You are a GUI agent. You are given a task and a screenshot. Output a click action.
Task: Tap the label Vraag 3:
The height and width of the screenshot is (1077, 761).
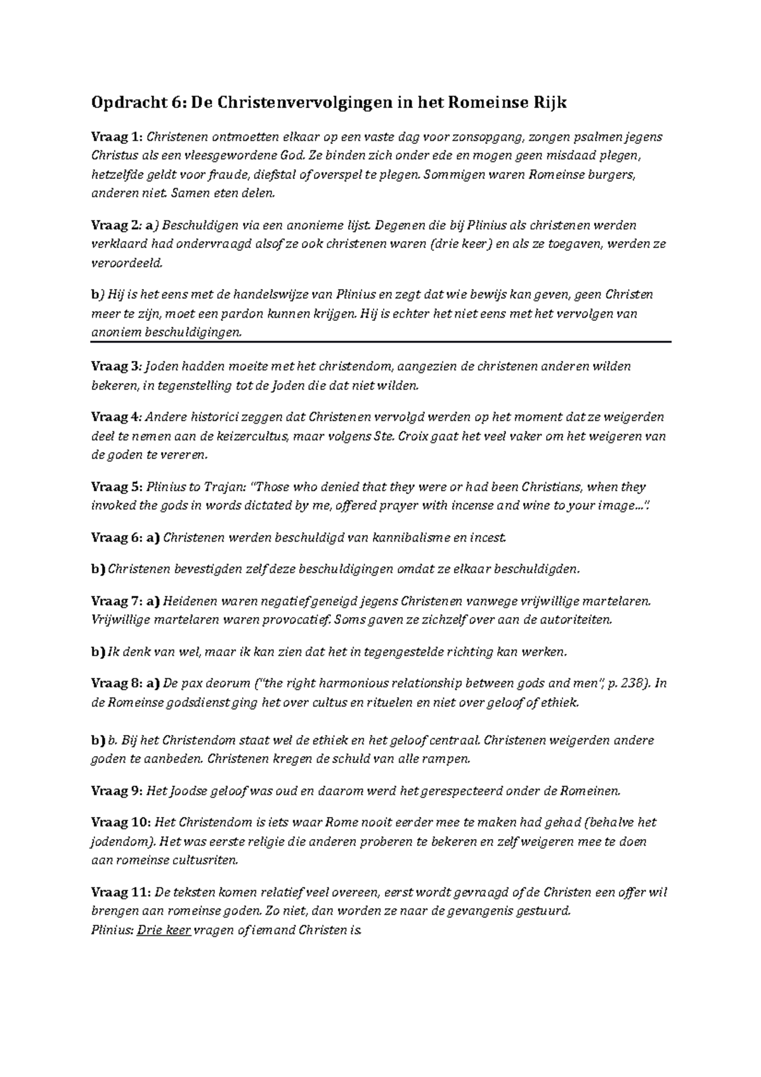[x=118, y=366]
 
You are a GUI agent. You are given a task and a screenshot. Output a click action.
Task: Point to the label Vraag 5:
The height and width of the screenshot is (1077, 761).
[x=118, y=487]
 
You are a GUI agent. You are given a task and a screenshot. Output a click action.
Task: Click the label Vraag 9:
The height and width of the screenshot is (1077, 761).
[x=118, y=791]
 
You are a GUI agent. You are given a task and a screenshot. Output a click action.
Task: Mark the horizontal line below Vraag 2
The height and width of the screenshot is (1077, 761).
[x=380, y=341]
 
